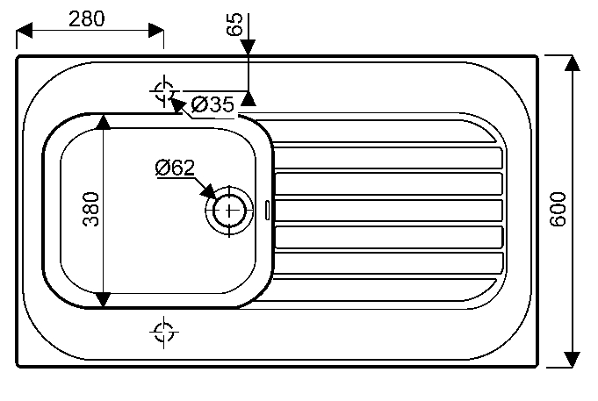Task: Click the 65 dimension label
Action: [234, 25]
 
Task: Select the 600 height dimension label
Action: [558, 209]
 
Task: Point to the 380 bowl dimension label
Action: [90, 209]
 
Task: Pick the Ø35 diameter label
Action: [212, 105]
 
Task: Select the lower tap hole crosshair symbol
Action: [162, 331]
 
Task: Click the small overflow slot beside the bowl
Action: [267, 209]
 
